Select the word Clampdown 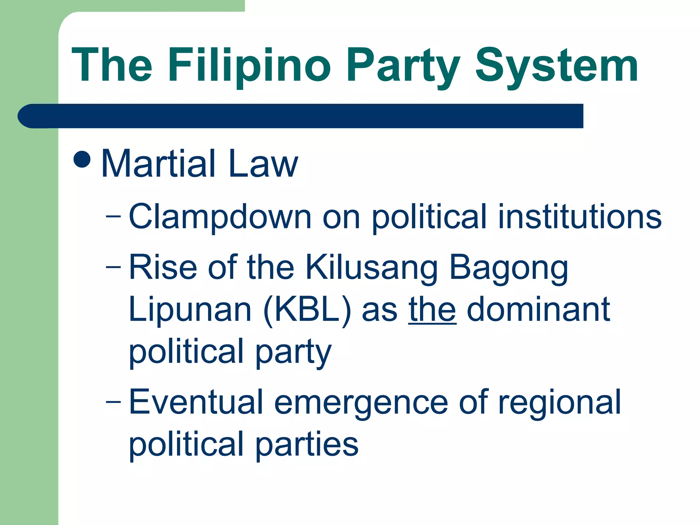point(220,217)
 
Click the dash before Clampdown point(113,217)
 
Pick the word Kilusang point(371,267)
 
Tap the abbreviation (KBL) point(307,310)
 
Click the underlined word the point(432,310)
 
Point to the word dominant point(538,310)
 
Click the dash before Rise point(113,267)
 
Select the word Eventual point(196,403)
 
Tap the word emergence point(361,403)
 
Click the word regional point(559,403)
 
